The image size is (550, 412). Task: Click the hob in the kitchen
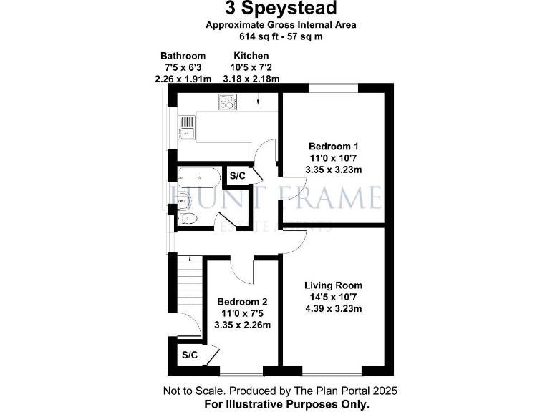(227, 103)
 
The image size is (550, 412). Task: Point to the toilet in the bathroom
(185, 218)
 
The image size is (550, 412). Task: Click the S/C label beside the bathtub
(236, 176)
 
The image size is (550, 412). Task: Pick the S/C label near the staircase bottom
(190, 355)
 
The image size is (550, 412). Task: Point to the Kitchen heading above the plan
(251, 56)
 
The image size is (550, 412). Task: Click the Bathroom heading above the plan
(183, 56)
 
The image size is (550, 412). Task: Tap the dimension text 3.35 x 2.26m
(243, 325)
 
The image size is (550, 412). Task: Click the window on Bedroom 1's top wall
(333, 87)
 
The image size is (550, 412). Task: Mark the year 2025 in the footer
(384, 391)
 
